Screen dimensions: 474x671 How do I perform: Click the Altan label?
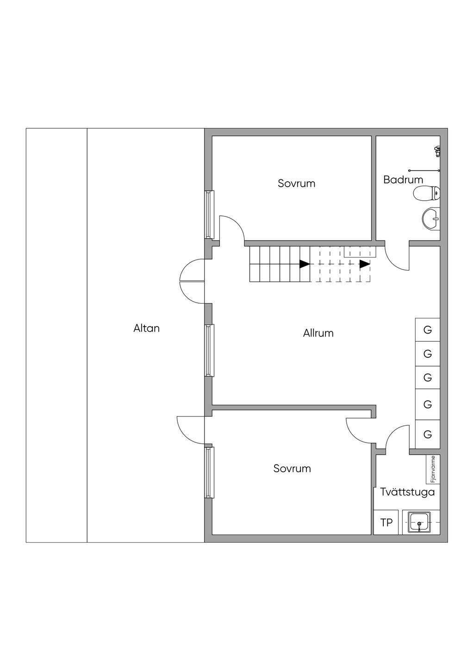tap(146, 328)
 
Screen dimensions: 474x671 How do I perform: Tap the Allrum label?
tap(318, 333)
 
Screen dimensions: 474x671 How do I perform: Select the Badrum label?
tap(403, 180)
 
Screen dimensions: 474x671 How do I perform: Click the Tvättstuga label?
tap(407, 492)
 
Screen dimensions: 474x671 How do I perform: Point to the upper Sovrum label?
tap(296, 183)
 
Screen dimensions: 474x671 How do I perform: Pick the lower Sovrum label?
tap(292, 468)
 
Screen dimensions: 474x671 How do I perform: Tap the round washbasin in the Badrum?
tap(431, 218)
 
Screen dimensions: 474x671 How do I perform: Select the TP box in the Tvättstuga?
tap(387, 523)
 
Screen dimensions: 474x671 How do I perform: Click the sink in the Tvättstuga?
tap(419, 523)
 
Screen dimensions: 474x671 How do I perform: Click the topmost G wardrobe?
tap(427, 330)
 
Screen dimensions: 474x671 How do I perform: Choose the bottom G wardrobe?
tap(427, 435)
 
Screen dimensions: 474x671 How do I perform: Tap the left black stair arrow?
tap(305, 264)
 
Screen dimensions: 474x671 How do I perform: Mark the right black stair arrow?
tap(365, 264)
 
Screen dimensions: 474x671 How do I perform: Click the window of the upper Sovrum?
tap(209, 214)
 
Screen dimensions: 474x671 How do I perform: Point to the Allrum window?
tap(209, 350)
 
